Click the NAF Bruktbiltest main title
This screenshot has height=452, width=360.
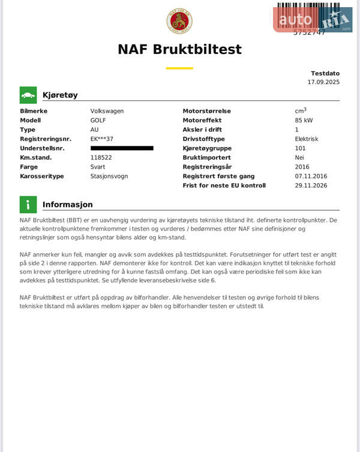point(179,49)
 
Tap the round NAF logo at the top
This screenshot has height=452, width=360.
point(179,21)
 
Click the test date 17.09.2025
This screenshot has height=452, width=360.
point(323,82)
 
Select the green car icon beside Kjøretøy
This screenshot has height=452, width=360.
point(28,95)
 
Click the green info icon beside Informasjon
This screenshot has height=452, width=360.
point(28,205)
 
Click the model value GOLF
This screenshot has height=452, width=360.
point(98,120)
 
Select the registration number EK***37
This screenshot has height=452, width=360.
point(102,139)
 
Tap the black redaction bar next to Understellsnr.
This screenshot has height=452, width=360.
point(122,148)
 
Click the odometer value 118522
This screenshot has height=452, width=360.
point(101,157)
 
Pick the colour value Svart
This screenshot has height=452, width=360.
point(98,167)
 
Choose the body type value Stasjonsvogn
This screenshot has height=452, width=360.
point(109,176)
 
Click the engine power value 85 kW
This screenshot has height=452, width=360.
point(304,120)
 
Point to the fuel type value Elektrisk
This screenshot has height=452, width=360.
point(307,139)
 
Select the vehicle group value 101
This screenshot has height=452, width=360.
point(300,148)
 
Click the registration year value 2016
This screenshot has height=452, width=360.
point(302,167)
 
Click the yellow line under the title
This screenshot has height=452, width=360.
point(179,68)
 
